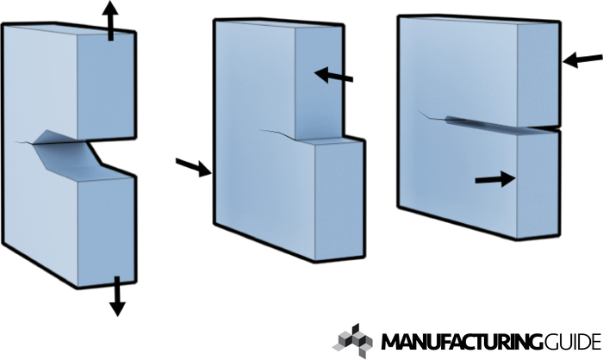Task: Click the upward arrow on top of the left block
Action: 109,19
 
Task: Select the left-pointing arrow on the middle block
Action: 333,76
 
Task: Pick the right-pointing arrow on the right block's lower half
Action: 494,178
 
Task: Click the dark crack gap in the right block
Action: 482,123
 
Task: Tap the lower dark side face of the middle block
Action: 336,202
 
